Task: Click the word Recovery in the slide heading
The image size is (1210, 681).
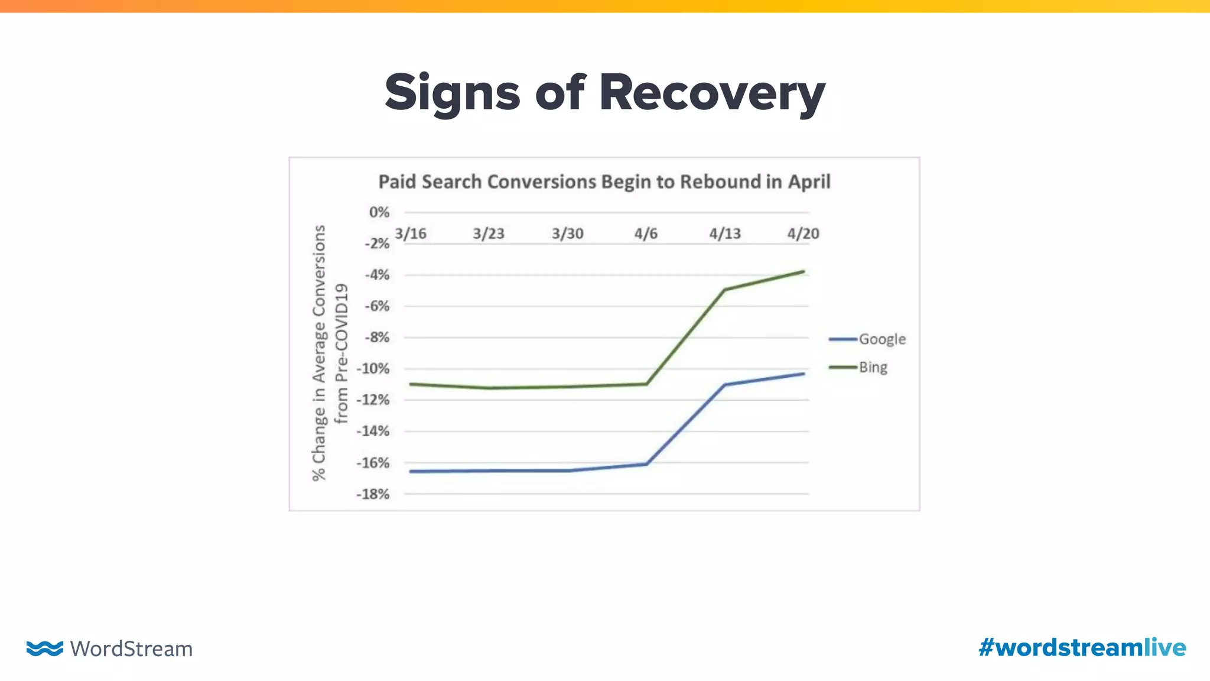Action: click(x=711, y=93)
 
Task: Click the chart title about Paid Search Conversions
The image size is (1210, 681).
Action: click(x=604, y=181)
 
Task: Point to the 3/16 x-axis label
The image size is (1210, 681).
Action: click(x=411, y=234)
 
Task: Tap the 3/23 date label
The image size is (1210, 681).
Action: click(x=489, y=234)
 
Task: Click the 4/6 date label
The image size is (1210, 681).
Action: click(x=646, y=234)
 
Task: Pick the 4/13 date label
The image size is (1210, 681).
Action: click(x=725, y=234)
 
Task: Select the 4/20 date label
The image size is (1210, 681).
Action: click(x=803, y=234)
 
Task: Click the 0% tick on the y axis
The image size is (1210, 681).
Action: click(x=379, y=212)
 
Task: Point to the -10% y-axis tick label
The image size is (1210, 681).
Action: click(x=373, y=369)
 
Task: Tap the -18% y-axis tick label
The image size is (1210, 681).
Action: click(x=373, y=494)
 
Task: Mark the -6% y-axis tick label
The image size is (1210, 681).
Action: click(x=376, y=306)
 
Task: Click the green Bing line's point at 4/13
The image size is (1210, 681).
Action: click(x=725, y=290)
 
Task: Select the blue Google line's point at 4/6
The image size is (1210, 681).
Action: click(x=646, y=464)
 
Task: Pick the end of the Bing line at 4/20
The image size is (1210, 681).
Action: click(x=804, y=272)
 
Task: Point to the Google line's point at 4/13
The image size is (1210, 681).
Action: click(x=725, y=385)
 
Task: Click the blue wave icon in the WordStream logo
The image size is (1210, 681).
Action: click(x=44, y=648)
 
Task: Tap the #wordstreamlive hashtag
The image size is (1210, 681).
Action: click(x=1082, y=648)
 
